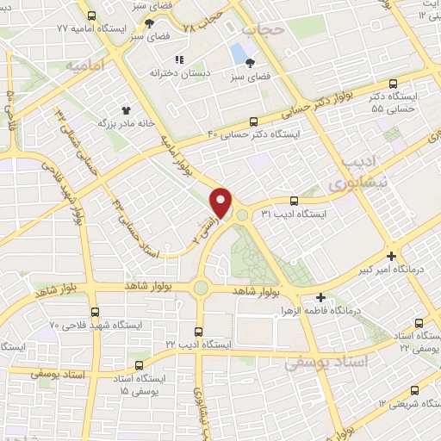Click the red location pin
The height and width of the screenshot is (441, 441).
pyautogui.click(x=222, y=202)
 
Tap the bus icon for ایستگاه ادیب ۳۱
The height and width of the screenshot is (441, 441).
pyautogui.click(x=295, y=200)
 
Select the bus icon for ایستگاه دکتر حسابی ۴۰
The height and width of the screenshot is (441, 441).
pyautogui.click(x=252, y=121)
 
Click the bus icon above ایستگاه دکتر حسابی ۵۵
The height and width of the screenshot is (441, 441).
pyautogui.click(x=393, y=84)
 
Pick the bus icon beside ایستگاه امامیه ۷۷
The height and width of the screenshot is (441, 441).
pyautogui.click(x=92, y=16)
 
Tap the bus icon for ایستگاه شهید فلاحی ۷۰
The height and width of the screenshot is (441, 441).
pyautogui.click(x=93, y=312)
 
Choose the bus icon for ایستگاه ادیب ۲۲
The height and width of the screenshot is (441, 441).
pyautogui.click(x=200, y=330)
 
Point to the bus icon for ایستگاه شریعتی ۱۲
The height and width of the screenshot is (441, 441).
pyautogui.click(x=416, y=389)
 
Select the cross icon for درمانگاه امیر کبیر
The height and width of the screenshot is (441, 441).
pyautogui.click(x=392, y=256)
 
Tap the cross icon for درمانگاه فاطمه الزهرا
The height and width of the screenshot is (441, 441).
pyautogui.click(x=320, y=295)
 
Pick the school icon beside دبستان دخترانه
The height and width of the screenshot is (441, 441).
pyautogui.click(x=180, y=59)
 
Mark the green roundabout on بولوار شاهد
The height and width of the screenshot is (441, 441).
pyautogui.click(x=201, y=287)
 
